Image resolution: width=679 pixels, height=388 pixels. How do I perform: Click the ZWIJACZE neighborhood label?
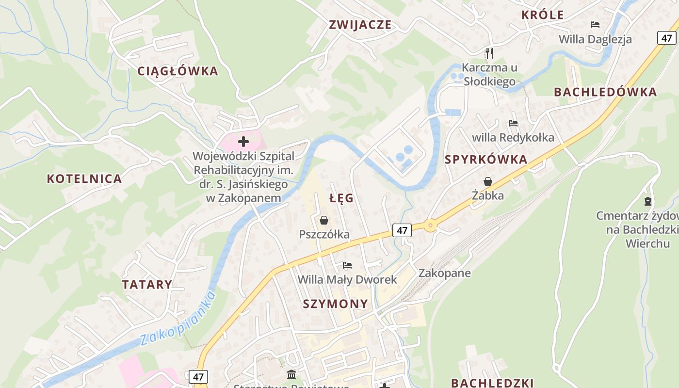pyautogui.click(x=360, y=25)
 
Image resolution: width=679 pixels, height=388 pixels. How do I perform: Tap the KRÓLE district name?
pyautogui.click(x=542, y=15)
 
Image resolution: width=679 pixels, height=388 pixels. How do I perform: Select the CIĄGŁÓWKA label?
pyautogui.click(x=178, y=71)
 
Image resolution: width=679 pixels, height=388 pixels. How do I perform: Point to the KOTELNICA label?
pyautogui.click(x=84, y=178)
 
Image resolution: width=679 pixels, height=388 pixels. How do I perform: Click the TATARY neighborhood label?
pyautogui.click(x=147, y=284)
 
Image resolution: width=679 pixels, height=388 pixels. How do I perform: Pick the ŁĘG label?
pyautogui.click(x=341, y=198)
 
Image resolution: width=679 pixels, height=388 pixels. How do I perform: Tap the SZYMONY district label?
pyautogui.click(x=335, y=304)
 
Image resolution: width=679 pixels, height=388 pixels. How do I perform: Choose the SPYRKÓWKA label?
pyautogui.click(x=485, y=159)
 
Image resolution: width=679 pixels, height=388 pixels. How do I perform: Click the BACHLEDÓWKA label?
pyautogui.click(x=605, y=92)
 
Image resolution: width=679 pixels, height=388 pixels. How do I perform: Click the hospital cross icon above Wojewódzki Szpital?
pyautogui.click(x=243, y=142)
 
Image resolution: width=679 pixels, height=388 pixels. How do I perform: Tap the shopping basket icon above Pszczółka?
pyautogui.click(x=324, y=221)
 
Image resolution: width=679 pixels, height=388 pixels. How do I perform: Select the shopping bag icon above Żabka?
pyautogui.click(x=487, y=181)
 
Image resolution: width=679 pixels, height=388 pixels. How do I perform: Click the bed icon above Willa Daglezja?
pyautogui.click(x=595, y=25)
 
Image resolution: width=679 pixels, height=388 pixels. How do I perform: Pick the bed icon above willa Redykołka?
pyautogui.click(x=513, y=123)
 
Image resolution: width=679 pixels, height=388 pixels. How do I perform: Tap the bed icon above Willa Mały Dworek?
pyautogui.click(x=347, y=265)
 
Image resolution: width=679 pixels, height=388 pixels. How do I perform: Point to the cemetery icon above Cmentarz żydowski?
pyautogui.click(x=647, y=201)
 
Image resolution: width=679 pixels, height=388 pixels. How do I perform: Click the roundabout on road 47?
pyautogui.click(x=430, y=226)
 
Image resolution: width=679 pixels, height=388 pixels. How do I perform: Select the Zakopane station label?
pyautogui.click(x=444, y=273)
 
